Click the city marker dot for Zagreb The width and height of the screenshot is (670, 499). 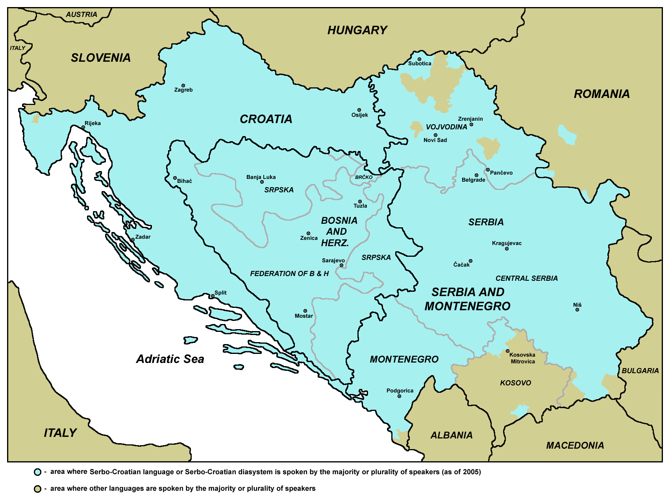(x=183, y=85)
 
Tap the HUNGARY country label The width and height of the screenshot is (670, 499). (x=357, y=30)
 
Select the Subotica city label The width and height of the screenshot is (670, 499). (x=420, y=64)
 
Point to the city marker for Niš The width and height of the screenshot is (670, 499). (x=577, y=310)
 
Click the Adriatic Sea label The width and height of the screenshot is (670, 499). (x=170, y=359)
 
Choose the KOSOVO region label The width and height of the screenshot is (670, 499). (x=515, y=383)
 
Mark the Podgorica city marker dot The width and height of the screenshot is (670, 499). (x=399, y=396)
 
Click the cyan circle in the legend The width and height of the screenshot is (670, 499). (x=38, y=472)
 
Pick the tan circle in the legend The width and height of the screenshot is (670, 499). (x=38, y=489)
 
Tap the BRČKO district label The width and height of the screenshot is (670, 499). (x=364, y=177)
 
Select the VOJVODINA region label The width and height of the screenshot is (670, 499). (x=446, y=127)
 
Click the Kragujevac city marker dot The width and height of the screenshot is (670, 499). (x=507, y=249)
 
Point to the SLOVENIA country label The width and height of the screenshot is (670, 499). (x=101, y=58)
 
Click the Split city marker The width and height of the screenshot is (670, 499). (x=213, y=296)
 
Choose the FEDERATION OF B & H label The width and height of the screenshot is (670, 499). (x=289, y=274)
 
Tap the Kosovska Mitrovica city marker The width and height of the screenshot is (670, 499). (x=507, y=351)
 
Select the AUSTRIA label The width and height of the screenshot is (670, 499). (x=81, y=15)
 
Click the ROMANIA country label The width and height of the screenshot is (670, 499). (x=602, y=94)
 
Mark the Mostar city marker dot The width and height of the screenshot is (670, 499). (x=305, y=311)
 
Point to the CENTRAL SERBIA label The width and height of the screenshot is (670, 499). (x=526, y=278)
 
